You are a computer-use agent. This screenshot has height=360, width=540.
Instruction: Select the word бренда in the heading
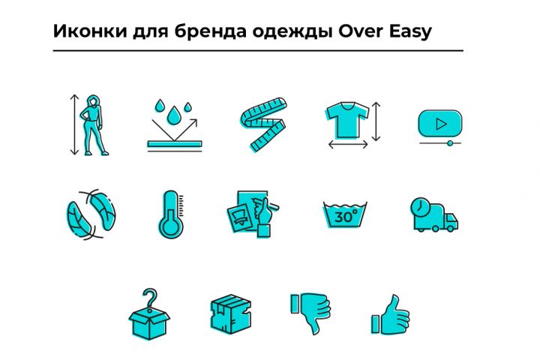(211, 31)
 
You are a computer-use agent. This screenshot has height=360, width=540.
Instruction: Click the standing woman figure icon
(92, 125)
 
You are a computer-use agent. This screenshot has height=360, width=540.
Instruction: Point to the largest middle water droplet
(173, 115)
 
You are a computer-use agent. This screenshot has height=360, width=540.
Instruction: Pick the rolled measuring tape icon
(263, 124)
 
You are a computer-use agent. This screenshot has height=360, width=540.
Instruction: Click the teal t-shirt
(346, 119)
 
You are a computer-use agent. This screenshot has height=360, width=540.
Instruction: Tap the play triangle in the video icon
(441, 124)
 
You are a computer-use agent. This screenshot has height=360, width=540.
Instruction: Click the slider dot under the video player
(450, 143)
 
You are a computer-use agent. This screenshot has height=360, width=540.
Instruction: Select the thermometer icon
(171, 214)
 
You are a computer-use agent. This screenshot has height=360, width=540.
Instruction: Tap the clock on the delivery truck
(419, 208)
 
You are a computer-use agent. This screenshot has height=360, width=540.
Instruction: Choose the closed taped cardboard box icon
(231, 313)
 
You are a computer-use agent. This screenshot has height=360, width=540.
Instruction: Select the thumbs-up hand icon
(391, 315)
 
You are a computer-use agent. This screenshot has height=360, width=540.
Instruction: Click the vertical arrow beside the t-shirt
(376, 121)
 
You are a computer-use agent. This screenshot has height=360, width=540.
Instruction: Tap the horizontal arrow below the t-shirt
(348, 145)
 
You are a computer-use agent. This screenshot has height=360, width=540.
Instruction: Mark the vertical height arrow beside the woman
(74, 124)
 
